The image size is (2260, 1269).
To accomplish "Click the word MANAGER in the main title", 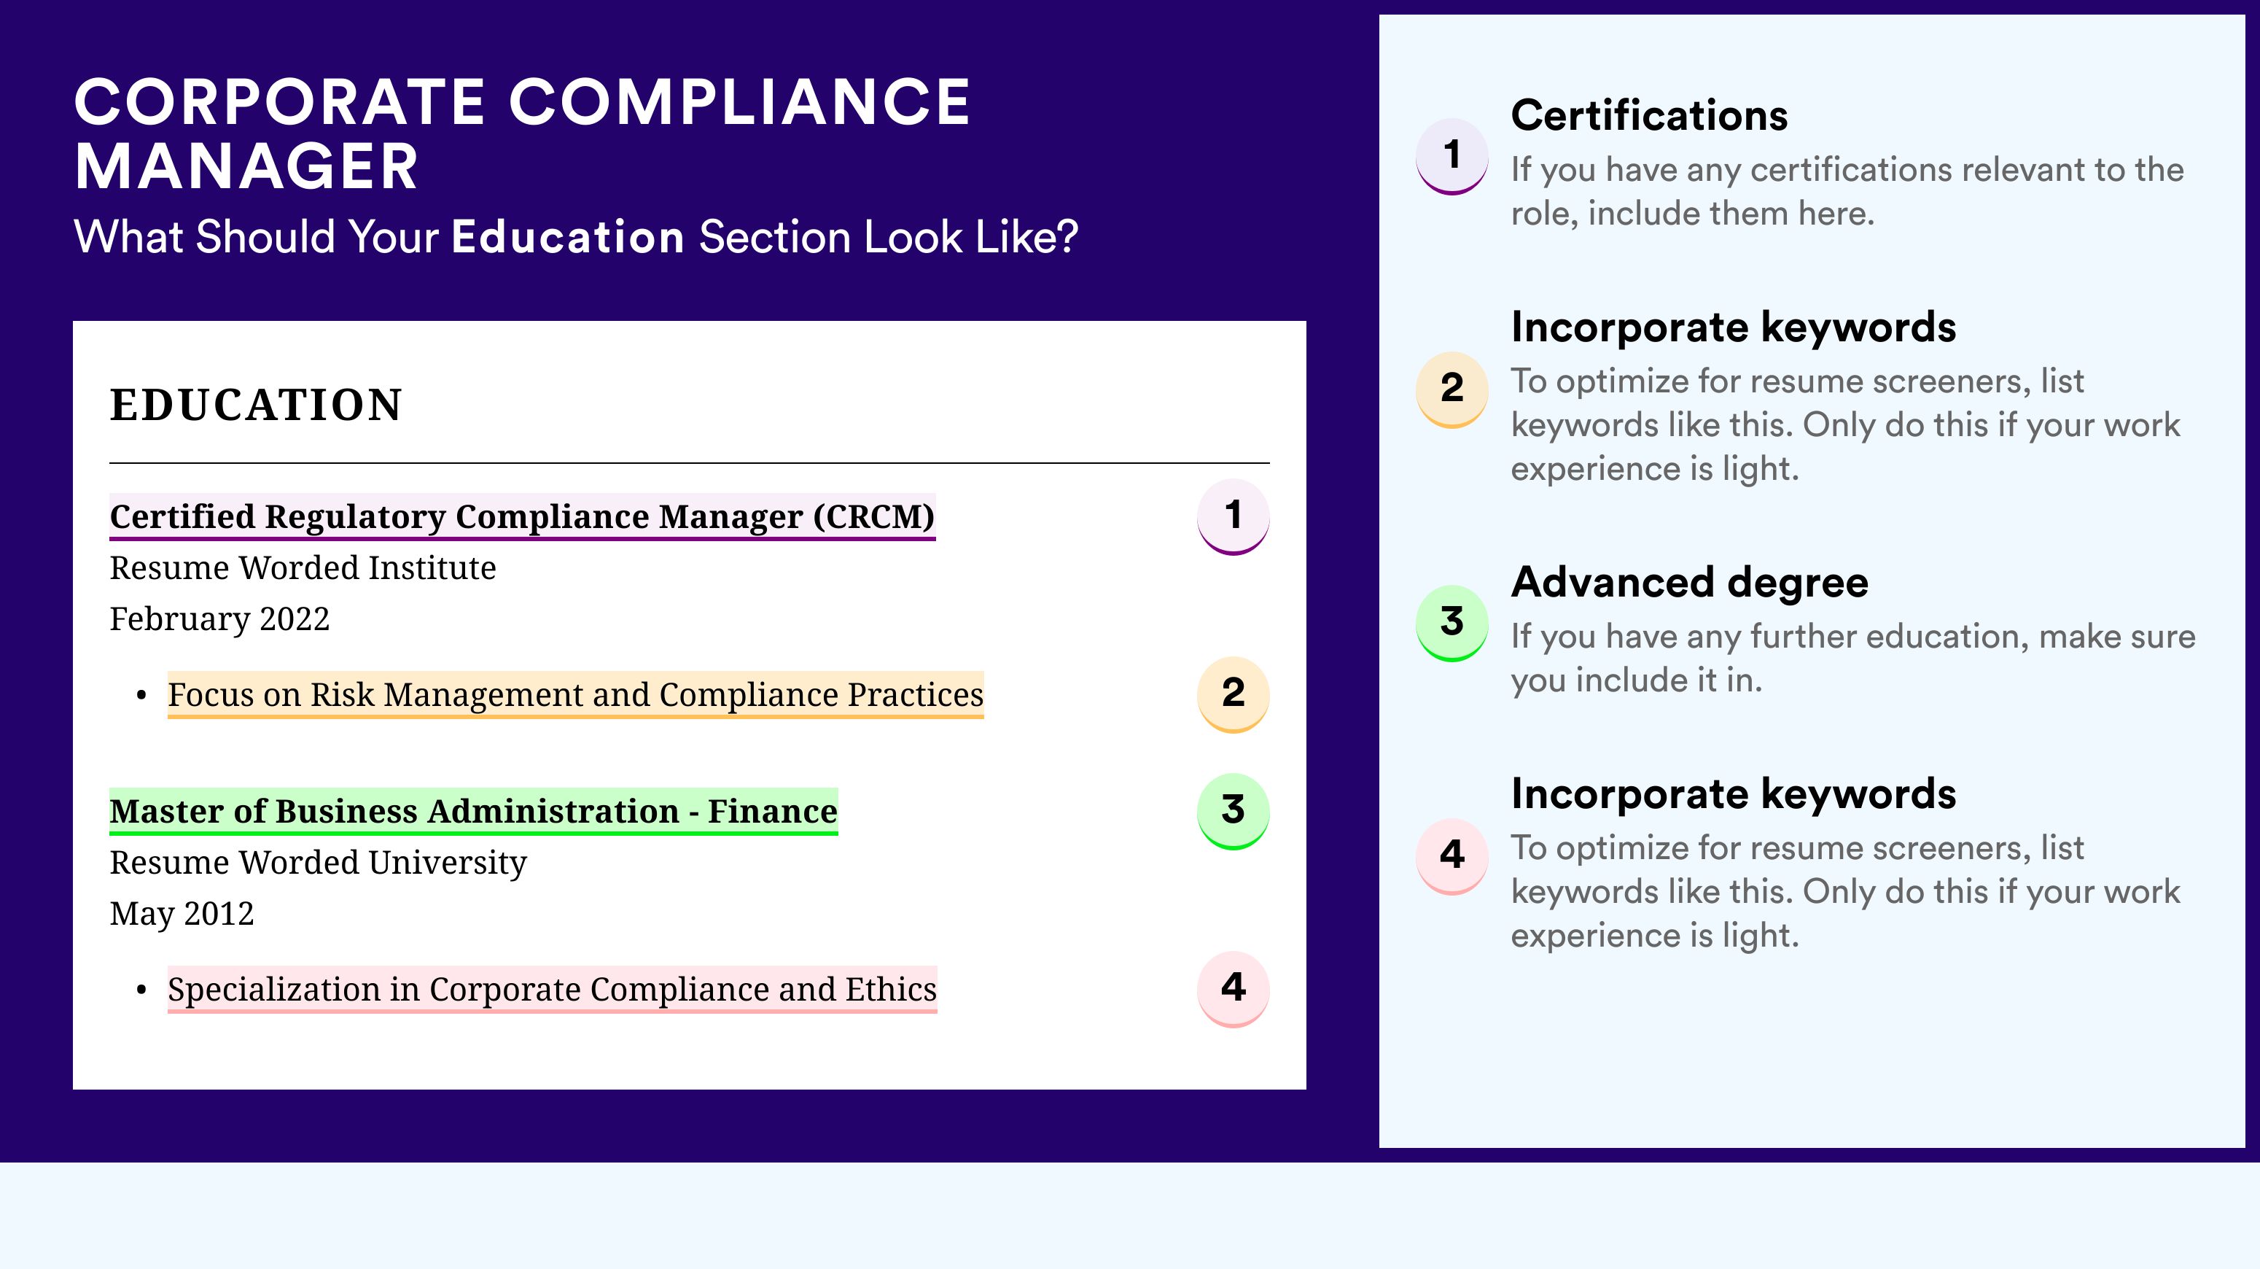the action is pos(246,167).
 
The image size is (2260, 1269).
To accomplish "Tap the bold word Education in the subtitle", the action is pos(568,237).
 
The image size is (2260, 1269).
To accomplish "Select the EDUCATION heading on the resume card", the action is pos(256,405).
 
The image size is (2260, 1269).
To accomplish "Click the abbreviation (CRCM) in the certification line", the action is pos(874,517).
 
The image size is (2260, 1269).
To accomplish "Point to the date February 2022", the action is pos(219,618).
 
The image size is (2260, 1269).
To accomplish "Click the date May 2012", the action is pos(182,914).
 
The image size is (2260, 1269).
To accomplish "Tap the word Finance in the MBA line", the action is pos(772,811).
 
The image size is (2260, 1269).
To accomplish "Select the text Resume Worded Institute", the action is pos(303,568).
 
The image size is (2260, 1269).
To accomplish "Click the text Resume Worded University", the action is pos(319,863).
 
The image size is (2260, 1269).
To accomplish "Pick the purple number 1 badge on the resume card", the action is pos(1233,516).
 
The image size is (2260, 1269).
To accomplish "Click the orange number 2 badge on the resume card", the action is pos(1233,694).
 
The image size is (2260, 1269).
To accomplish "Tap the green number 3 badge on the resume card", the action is pos(1233,811).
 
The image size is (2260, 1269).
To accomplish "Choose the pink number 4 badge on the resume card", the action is pos(1233,989).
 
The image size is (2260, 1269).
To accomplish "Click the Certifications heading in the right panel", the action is pos(1649,115).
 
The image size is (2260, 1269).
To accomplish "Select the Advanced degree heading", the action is pos(1690,582).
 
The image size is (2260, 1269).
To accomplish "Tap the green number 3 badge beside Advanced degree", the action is pos(1452,623).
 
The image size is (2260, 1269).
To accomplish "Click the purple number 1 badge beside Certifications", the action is pos(1452,156).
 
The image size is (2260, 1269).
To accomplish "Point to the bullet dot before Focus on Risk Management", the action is pos(141,696).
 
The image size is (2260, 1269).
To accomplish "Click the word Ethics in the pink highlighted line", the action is pos(892,989).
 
